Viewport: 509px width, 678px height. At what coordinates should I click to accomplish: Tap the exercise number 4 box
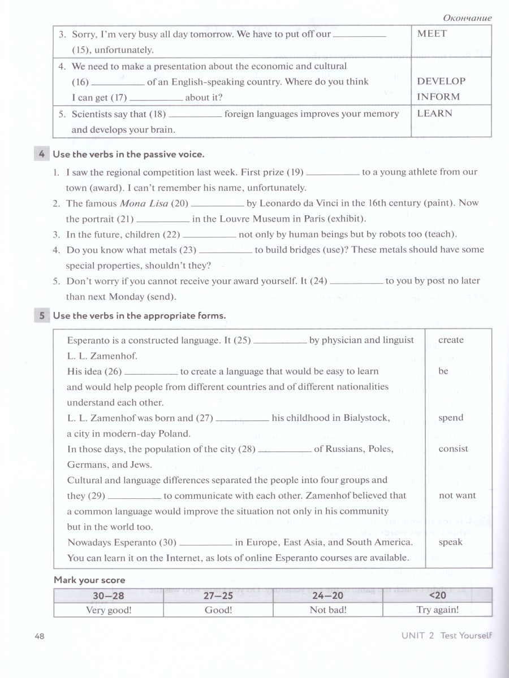click(x=42, y=154)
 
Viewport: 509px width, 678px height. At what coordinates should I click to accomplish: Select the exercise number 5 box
click(x=42, y=316)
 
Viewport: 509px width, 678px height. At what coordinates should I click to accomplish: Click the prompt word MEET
click(x=432, y=33)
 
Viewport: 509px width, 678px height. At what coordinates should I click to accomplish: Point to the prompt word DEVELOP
click(x=441, y=81)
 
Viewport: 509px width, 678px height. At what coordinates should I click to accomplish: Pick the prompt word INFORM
click(x=438, y=97)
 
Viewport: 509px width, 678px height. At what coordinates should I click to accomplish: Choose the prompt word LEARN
click(x=434, y=113)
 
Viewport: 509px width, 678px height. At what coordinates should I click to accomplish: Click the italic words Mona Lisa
click(x=143, y=203)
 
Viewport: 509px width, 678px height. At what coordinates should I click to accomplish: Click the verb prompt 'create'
click(x=451, y=340)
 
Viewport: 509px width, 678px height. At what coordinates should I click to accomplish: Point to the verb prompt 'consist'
click(x=453, y=449)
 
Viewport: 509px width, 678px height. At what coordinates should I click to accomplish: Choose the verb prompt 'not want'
click(x=457, y=496)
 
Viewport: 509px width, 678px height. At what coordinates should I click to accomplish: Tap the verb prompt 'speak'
click(x=450, y=542)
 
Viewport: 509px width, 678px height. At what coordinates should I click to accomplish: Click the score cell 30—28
click(x=108, y=596)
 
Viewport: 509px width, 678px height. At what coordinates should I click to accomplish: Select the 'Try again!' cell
click(x=437, y=610)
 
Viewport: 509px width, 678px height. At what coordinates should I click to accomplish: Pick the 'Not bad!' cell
click(x=328, y=610)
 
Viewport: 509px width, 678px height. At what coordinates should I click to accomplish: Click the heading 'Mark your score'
click(x=89, y=580)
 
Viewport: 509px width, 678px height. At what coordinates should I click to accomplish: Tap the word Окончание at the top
click(x=467, y=18)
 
